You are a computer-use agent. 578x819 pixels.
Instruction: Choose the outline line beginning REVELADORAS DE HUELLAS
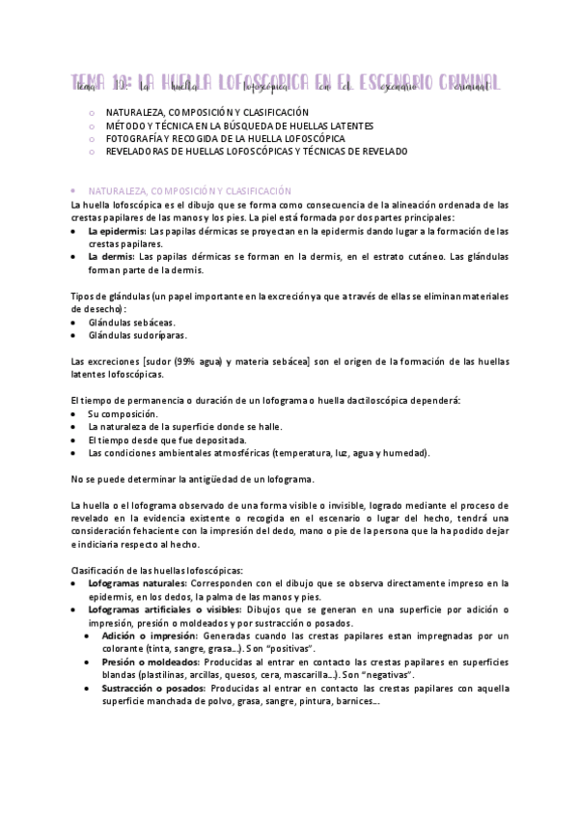click(x=257, y=152)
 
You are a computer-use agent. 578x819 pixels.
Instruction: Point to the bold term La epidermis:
click(x=112, y=232)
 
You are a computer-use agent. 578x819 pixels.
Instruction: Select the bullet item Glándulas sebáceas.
click(x=131, y=322)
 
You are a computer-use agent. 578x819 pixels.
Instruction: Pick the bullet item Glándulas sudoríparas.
click(x=136, y=335)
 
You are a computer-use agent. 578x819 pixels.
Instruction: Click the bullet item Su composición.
click(x=123, y=412)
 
